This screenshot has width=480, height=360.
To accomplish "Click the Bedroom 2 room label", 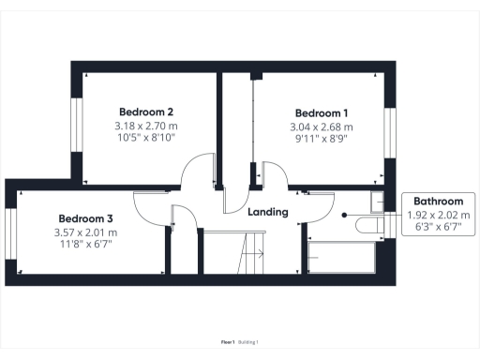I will tap(144, 110).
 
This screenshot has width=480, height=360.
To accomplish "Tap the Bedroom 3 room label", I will tap(84, 217).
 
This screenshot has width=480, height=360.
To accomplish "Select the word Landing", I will tap(267, 212).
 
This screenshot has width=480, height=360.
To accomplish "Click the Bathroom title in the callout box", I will tap(439, 202).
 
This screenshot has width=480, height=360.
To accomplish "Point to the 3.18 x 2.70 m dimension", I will tap(144, 126).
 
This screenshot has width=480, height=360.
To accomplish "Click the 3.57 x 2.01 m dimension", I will tap(84, 232).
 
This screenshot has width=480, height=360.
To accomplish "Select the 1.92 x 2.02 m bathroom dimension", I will tap(439, 216).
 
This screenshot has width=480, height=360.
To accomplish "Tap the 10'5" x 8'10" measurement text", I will tap(144, 139).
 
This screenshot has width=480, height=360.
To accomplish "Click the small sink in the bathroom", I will tap(378, 200).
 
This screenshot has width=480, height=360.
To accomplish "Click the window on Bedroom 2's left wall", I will tap(78, 122).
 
